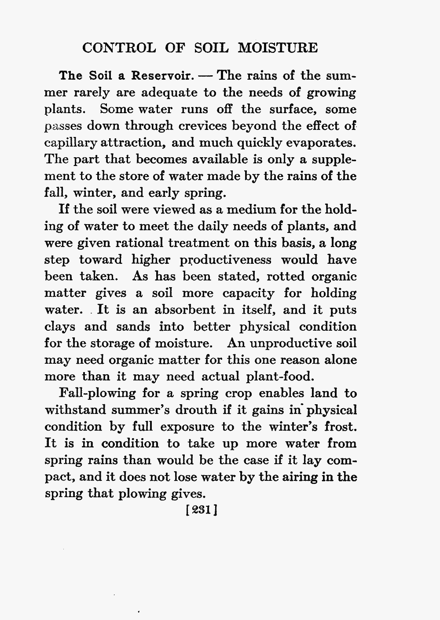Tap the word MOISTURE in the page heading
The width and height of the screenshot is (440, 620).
click(278, 48)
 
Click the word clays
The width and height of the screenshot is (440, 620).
click(61, 327)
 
